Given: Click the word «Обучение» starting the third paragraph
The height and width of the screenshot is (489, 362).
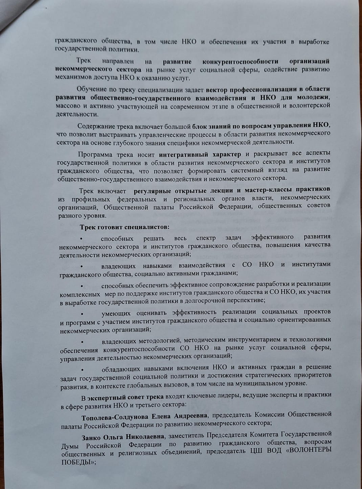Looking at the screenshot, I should pyautogui.click(x=90, y=89).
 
